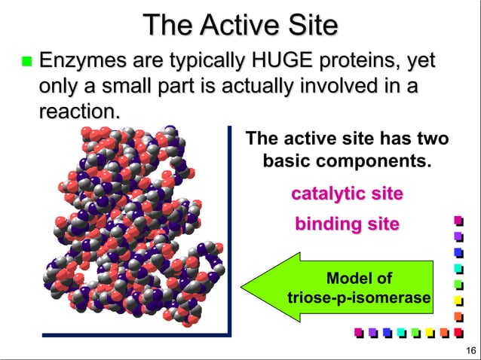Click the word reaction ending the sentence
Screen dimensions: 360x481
click(x=78, y=111)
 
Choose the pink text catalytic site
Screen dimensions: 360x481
click(x=347, y=194)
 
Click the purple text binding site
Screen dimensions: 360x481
click(x=347, y=224)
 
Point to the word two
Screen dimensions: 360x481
click(x=432, y=139)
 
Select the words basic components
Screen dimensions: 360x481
click(x=347, y=161)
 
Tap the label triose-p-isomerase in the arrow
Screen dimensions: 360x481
click(x=359, y=299)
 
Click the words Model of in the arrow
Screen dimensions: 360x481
click(x=359, y=279)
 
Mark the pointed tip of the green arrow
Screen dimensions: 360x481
click(x=243, y=288)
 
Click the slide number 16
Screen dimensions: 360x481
click(x=470, y=350)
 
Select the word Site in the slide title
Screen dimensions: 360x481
click(x=308, y=25)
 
